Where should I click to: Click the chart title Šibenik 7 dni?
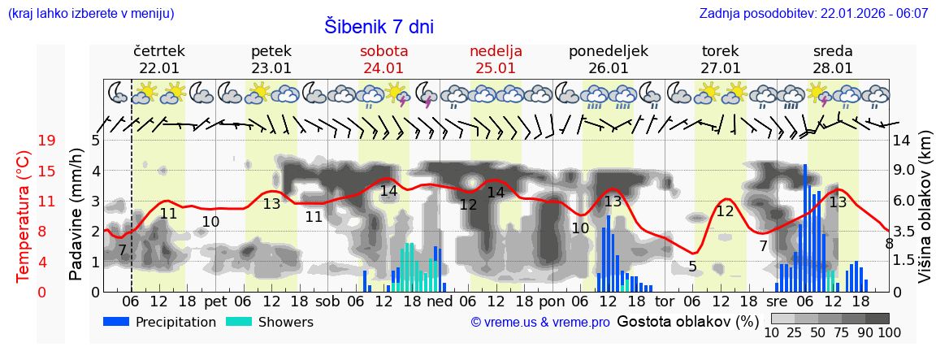click(379, 26)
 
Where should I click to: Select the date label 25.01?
click(496, 68)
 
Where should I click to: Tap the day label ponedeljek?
click(608, 51)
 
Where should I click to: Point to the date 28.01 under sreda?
click(833, 68)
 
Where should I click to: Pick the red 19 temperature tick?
click(46, 141)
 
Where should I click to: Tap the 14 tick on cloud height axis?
click(902, 141)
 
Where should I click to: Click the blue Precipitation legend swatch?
click(116, 322)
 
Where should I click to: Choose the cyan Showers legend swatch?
click(238, 322)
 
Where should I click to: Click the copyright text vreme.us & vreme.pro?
click(540, 322)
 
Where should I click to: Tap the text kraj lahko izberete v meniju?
click(90, 14)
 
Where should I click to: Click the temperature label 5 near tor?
click(692, 267)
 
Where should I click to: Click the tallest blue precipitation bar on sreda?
click(805, 228)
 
